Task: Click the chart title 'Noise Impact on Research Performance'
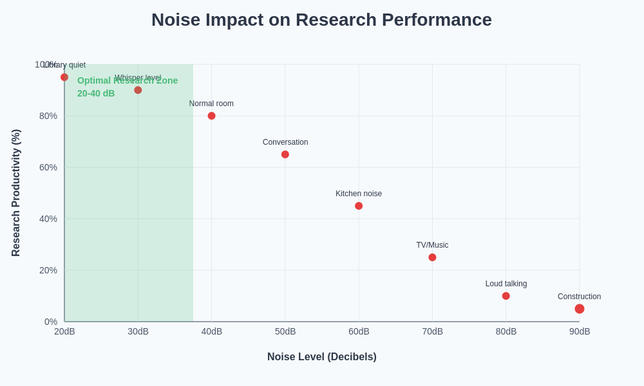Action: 321,20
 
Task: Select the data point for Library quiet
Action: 64,77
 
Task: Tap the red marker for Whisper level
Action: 138,90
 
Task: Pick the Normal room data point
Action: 211,116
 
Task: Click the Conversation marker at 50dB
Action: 285,154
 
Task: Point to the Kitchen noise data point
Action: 359,206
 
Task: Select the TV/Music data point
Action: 432,257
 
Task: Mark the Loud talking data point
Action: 506,296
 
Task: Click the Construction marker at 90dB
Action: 580,309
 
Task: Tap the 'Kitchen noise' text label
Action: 359,194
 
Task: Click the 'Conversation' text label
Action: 285,142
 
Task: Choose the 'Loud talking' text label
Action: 506,284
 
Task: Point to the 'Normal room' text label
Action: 211,104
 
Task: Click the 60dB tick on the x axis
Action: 359,331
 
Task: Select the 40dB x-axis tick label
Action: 211,331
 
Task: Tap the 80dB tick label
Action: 506,331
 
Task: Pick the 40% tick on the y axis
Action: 48,219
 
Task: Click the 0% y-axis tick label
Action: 51,322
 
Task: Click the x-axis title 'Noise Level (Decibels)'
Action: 322,356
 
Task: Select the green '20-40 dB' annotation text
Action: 96,93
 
